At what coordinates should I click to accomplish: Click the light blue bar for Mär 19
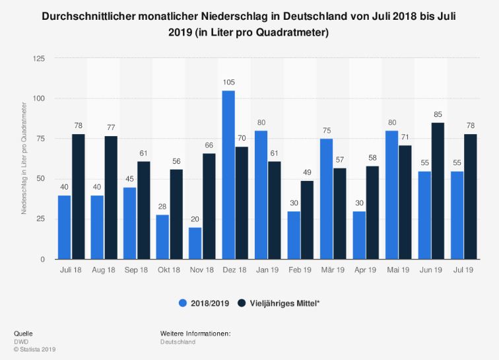pos(326,198)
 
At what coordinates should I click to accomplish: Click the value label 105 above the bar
pos(228,83)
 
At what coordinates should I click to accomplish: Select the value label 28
pos(162,206)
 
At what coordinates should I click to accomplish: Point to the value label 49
pos(308,172)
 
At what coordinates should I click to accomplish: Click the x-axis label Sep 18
pos(137,271)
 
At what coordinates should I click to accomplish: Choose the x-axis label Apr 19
pos(366,271)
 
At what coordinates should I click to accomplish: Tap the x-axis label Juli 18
pos(71,271)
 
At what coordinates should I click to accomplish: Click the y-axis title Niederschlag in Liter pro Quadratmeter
pos(24,159)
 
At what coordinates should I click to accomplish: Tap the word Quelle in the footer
pos(23,334)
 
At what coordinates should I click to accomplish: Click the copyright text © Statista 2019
pos(35,349)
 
